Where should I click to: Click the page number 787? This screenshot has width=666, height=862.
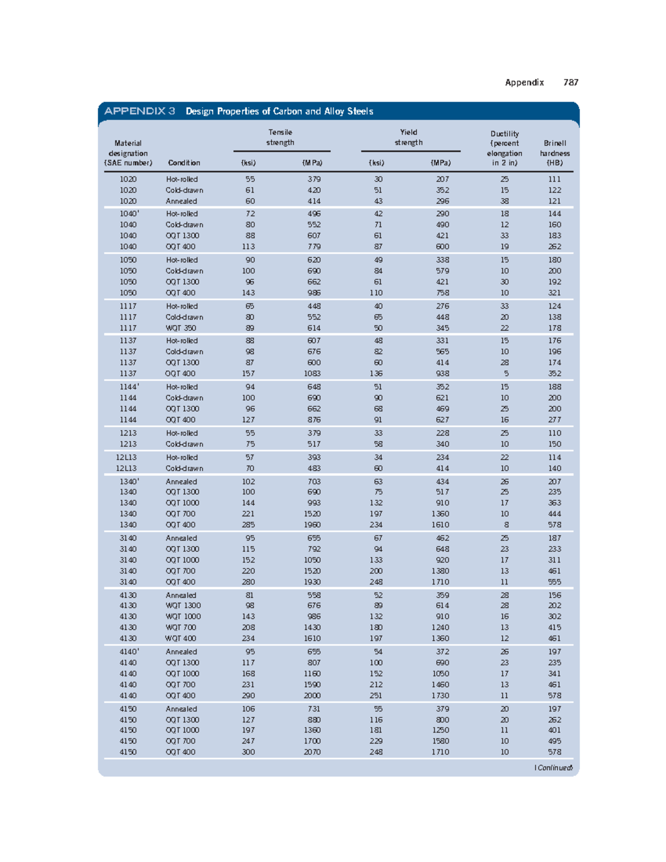pyautogui.click(x=571, y=82)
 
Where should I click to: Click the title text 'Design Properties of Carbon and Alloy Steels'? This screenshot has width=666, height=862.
pyautogui.click(x=279, y=111)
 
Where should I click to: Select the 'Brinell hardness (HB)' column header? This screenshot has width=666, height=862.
pyautogui.click(x=554, y=153)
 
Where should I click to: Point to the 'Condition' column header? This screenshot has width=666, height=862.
pyautogui.click(x=184, y=163)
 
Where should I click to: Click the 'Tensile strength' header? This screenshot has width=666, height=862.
pyautogui.click(x=280, y=137)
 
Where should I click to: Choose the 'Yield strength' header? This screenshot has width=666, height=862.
pyautogui.click(x=408, y=137)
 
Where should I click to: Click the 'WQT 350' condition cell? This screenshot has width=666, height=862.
pyautogui.click(x=181, y=328)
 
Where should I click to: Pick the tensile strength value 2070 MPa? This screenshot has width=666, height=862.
pyautogui.click(x=312, y=752)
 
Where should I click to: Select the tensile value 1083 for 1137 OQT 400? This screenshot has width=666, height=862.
pyautogui.click(x=312, y=374)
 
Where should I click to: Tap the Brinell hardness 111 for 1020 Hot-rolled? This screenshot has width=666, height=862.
pyautogui.click(x=554, y=179)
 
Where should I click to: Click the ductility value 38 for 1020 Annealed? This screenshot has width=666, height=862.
pyautogui.click(x=504, y=201)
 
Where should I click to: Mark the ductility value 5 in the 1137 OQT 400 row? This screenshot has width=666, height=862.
pyautogui.click(x=506, y=374)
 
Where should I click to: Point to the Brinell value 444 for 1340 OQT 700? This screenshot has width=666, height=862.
pyautogui.click(x=554, y=514)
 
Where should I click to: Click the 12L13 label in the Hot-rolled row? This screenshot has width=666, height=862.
pyautogui.click(x=127, y=457)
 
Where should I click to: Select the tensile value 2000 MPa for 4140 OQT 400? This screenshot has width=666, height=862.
pyautogui.click(x=312, y=695)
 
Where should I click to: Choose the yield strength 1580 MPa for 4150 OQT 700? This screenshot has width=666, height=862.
pyautogui.click(x=440, y=741)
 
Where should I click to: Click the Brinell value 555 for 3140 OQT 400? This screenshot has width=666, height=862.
pyautogui.click(x=554, y=582)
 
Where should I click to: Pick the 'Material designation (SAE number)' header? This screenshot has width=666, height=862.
pyautogui.click(x=128, y=153)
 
